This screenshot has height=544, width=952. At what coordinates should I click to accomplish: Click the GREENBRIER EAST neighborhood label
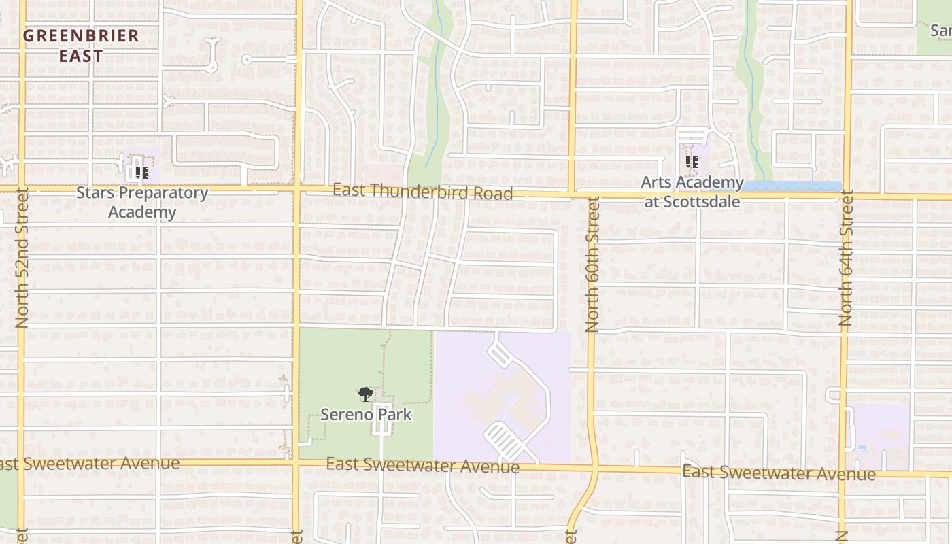81,46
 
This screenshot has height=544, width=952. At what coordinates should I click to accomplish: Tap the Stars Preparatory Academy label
141,202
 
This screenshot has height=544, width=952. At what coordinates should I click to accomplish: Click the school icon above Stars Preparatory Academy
141,172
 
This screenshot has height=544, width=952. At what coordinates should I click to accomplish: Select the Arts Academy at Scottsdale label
692,192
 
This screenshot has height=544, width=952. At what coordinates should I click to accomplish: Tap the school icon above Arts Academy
692,162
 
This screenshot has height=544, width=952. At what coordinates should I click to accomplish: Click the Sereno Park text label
366,414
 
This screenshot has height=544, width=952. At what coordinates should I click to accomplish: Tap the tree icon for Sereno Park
366,394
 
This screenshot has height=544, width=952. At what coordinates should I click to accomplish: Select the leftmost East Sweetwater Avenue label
88,464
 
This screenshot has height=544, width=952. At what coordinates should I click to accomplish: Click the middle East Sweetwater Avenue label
422,466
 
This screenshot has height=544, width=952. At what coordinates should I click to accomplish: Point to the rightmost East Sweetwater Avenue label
779,473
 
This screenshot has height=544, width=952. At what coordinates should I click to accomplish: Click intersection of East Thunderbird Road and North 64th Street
847,197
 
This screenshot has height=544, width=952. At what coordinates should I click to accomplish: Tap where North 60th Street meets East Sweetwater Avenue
594,469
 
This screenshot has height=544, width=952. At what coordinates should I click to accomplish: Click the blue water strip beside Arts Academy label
792,186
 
